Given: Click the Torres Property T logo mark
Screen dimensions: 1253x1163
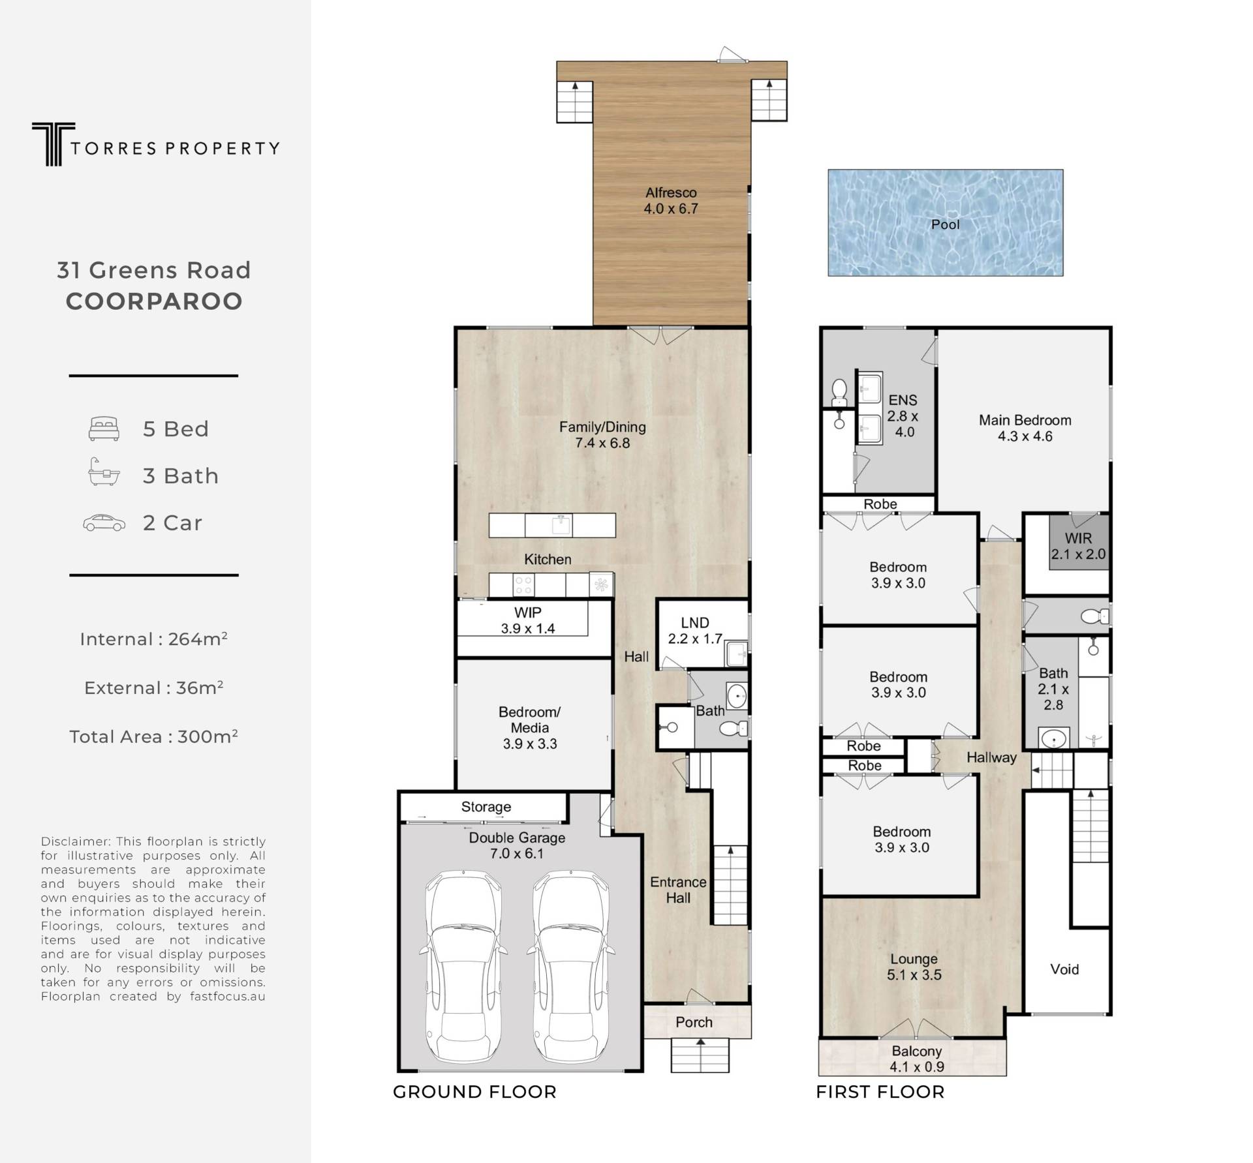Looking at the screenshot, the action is pyautogui.click(x=53, y=143).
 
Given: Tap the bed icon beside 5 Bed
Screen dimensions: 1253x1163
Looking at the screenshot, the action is pyautogui.click(x=104, y=429).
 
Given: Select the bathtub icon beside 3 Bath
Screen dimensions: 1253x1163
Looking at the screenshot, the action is pyautogui.click(x=104, y=472).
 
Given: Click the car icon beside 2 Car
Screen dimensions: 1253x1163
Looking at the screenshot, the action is pyautogui.click(x=104, y=522).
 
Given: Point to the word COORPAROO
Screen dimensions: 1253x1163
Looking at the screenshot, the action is pyautogui.click(x=154, y=301).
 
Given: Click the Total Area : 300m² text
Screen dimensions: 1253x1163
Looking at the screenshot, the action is pyautogui.click(x=153, y=736).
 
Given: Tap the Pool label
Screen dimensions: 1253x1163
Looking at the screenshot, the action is pyautogui.click(x=945, y=224).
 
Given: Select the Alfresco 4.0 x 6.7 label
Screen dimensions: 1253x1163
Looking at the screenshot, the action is pyautogui.click(x=671, y=201).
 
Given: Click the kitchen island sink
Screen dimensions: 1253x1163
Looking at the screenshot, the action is pyautogui.click(x=561, y=524).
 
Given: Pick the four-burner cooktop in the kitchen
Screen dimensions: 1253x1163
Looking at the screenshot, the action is pyautogui.click(x=523, y=584).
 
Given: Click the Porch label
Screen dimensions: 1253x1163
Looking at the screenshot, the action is pyautogui.click(x=694, y=1022).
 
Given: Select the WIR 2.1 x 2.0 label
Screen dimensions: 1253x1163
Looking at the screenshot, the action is pyautogui.click(x=1078, y=546).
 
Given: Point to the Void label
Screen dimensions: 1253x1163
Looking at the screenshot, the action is pyautogui.click(x=1064, y=969).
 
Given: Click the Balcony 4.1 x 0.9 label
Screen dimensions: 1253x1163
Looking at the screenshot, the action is pyautogui.click(x=917, y=1059).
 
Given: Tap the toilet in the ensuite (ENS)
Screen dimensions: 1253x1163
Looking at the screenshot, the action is pyautogui.click(x=839, y=392).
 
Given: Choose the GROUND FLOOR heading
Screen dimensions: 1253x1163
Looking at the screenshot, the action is pyautogui.click(x=474, y=1092).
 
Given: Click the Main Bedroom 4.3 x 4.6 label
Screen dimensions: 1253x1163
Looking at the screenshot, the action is pyautogui.click(x=1025, y=428).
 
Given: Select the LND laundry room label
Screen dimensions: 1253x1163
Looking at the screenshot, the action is pyautogui.click(x=694, y=622).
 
